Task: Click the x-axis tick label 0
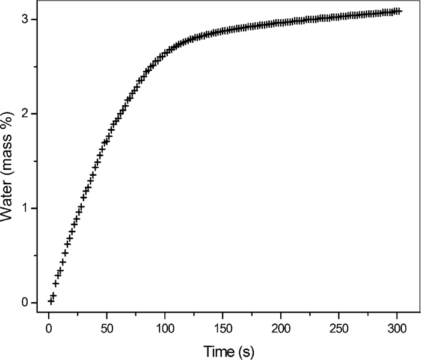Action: (49, 329)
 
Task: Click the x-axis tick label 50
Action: (106, 329)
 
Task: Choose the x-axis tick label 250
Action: (339, 329)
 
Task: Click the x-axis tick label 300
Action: (396, 329)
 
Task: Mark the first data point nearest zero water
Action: (51, 300)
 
